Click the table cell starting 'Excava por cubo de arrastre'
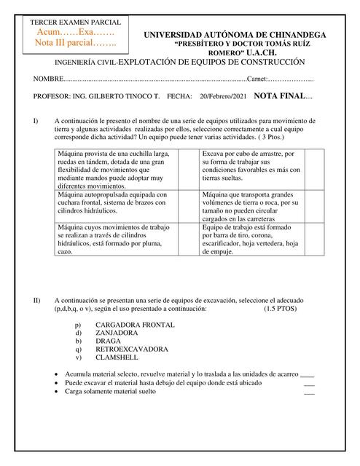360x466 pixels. click(251, 167)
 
